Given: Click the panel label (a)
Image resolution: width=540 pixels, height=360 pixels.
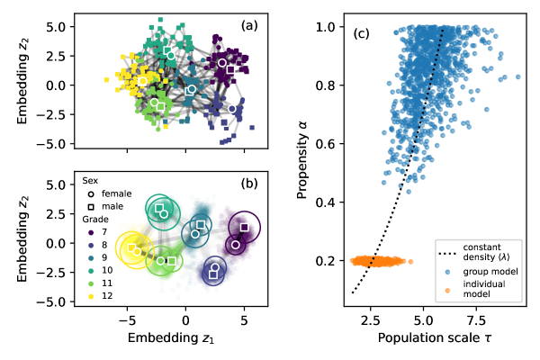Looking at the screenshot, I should point(249,25).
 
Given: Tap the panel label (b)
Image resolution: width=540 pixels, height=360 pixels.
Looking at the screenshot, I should point(249,184).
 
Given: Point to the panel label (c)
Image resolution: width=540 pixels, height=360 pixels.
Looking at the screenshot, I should point(361,34).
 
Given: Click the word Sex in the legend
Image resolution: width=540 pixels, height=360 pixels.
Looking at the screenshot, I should point(91,180).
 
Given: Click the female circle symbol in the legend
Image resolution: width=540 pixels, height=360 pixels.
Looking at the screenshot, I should point(92,193).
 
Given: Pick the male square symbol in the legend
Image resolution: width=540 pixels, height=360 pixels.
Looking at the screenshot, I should point(92,207).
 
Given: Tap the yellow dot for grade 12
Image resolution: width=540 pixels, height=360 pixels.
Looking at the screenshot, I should point(92,296).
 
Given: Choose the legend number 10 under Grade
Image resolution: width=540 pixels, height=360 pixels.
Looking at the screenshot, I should point(108,271).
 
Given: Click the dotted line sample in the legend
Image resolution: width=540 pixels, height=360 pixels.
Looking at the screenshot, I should point(447,252).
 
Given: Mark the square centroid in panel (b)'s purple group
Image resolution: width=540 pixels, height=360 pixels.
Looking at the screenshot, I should point(244,227).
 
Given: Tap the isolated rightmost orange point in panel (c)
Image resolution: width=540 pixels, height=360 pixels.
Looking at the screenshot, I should point(410,262).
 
